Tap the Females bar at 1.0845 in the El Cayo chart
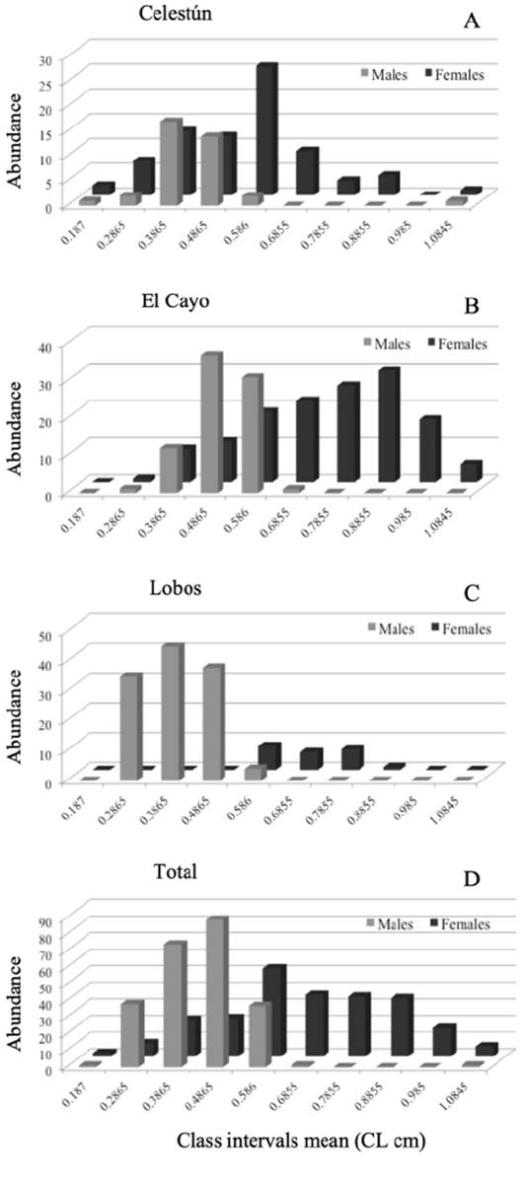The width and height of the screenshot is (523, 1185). coord(471,472)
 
